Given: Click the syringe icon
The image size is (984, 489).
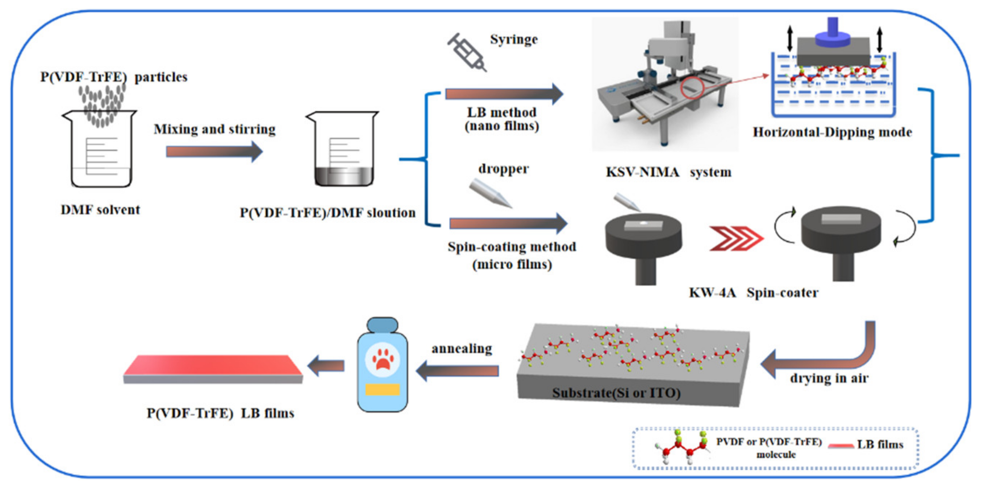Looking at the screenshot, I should click(x=467, y=52).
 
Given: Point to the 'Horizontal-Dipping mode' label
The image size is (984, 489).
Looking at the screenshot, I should click(x=832, y=132).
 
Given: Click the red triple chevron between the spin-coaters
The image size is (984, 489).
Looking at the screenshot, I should click(x=736, y=239).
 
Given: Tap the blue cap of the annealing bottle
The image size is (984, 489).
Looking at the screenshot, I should click(x=382, y=325).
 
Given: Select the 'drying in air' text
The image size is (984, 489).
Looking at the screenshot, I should click(x=829, y=378).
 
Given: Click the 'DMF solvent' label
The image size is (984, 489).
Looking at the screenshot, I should click(x=100, y=210).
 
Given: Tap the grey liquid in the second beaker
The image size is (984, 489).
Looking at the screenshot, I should click(x=344, y=176).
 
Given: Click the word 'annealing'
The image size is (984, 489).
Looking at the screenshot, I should click(x=462, y=348).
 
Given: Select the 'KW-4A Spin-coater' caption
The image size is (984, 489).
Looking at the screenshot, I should click(x=753, y=293).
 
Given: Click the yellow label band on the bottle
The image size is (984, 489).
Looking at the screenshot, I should click(x=382, y=389).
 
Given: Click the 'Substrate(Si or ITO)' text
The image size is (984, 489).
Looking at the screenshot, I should click(x=616, y=393).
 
